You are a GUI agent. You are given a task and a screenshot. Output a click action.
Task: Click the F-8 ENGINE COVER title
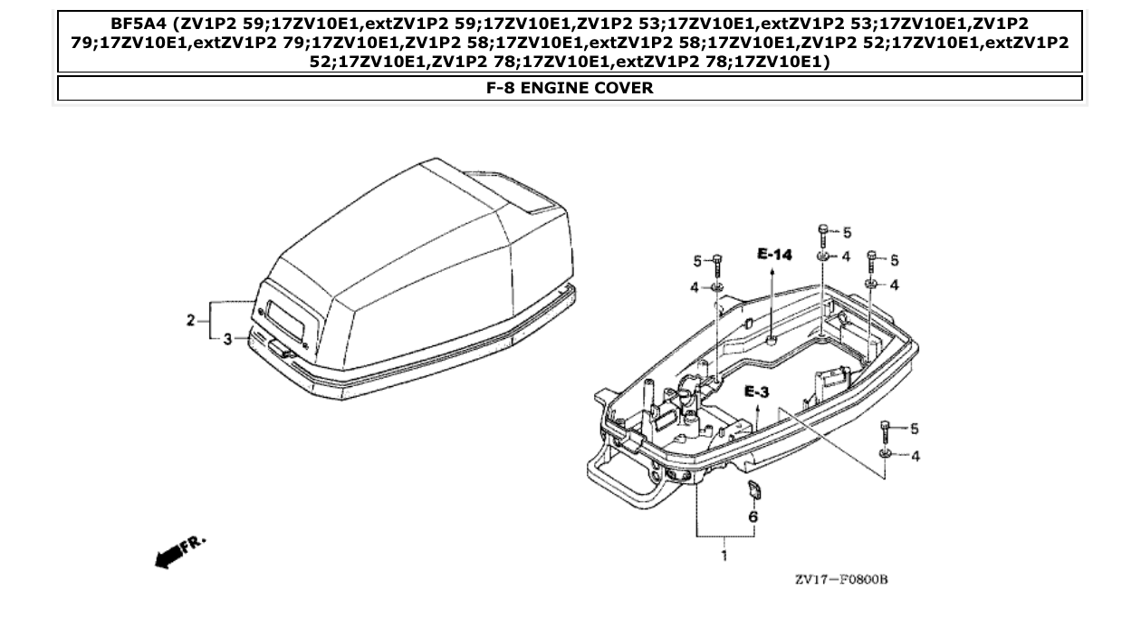[570, 88]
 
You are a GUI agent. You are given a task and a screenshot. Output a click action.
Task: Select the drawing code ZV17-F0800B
[841, 579]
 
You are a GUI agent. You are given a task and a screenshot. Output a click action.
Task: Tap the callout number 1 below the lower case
[724, 556]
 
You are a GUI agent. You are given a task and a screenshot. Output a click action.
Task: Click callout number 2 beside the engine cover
[191, 320]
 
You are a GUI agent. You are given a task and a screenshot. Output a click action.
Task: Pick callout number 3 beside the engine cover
[228, 338]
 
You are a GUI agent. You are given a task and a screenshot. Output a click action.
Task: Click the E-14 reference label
[774, 256]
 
